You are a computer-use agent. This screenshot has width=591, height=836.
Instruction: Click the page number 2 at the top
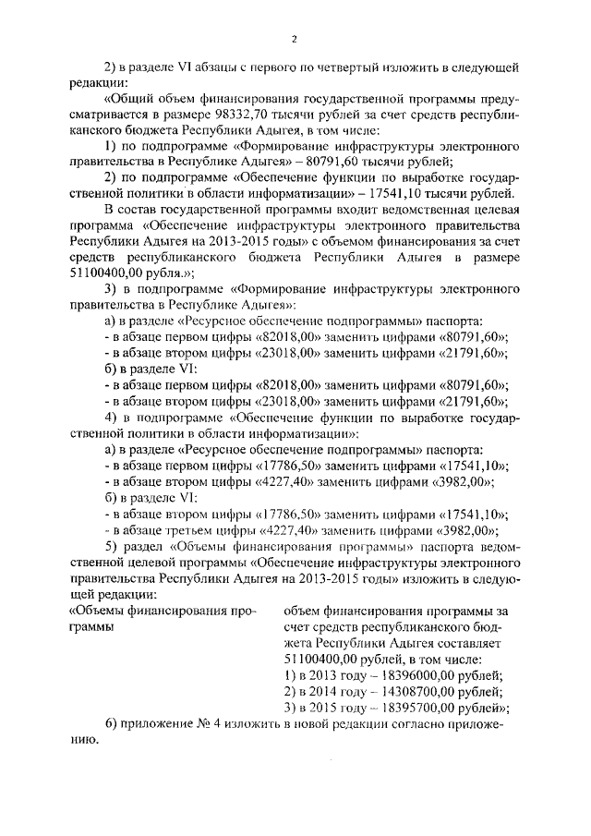[x=295, y=38]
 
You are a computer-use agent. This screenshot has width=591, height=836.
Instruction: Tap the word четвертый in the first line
[x=380, y=67]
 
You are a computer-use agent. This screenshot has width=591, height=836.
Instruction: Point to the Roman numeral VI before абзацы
[x=190, y=67]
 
